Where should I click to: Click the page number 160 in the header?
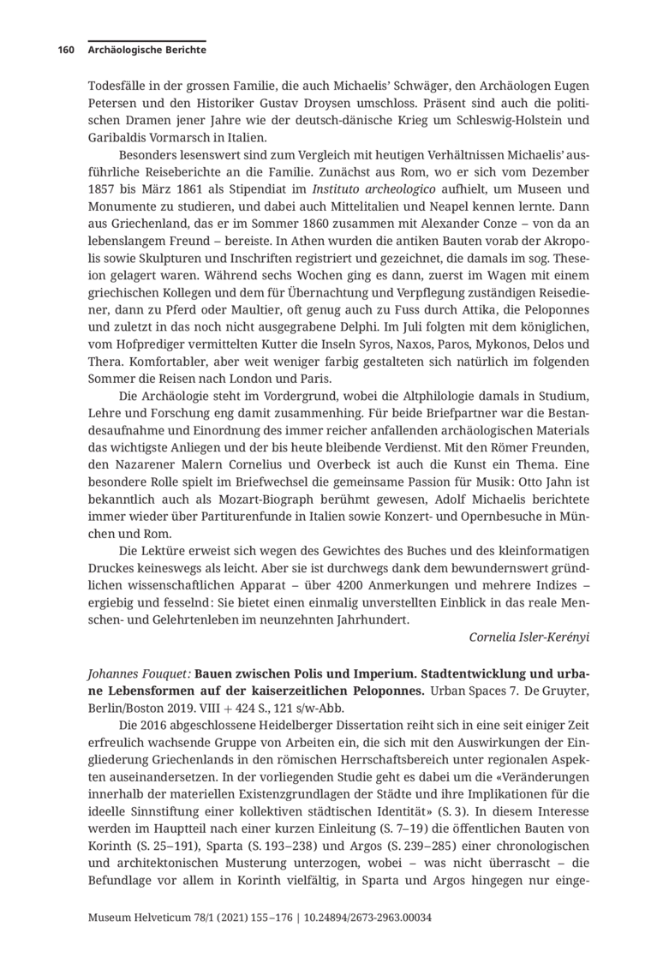66,50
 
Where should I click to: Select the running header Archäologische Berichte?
146,50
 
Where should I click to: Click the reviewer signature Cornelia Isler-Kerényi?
529,638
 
